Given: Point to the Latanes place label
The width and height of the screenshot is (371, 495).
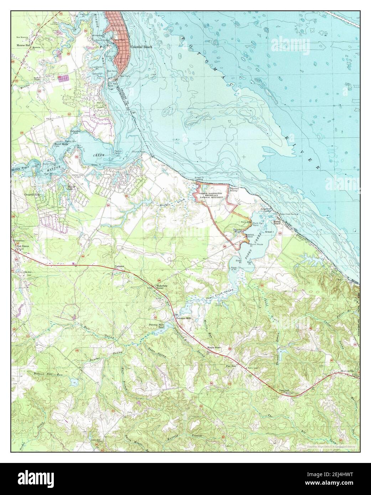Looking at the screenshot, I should [x=119, y=267].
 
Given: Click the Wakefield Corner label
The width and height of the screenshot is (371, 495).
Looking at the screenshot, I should [x=160, y=287].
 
